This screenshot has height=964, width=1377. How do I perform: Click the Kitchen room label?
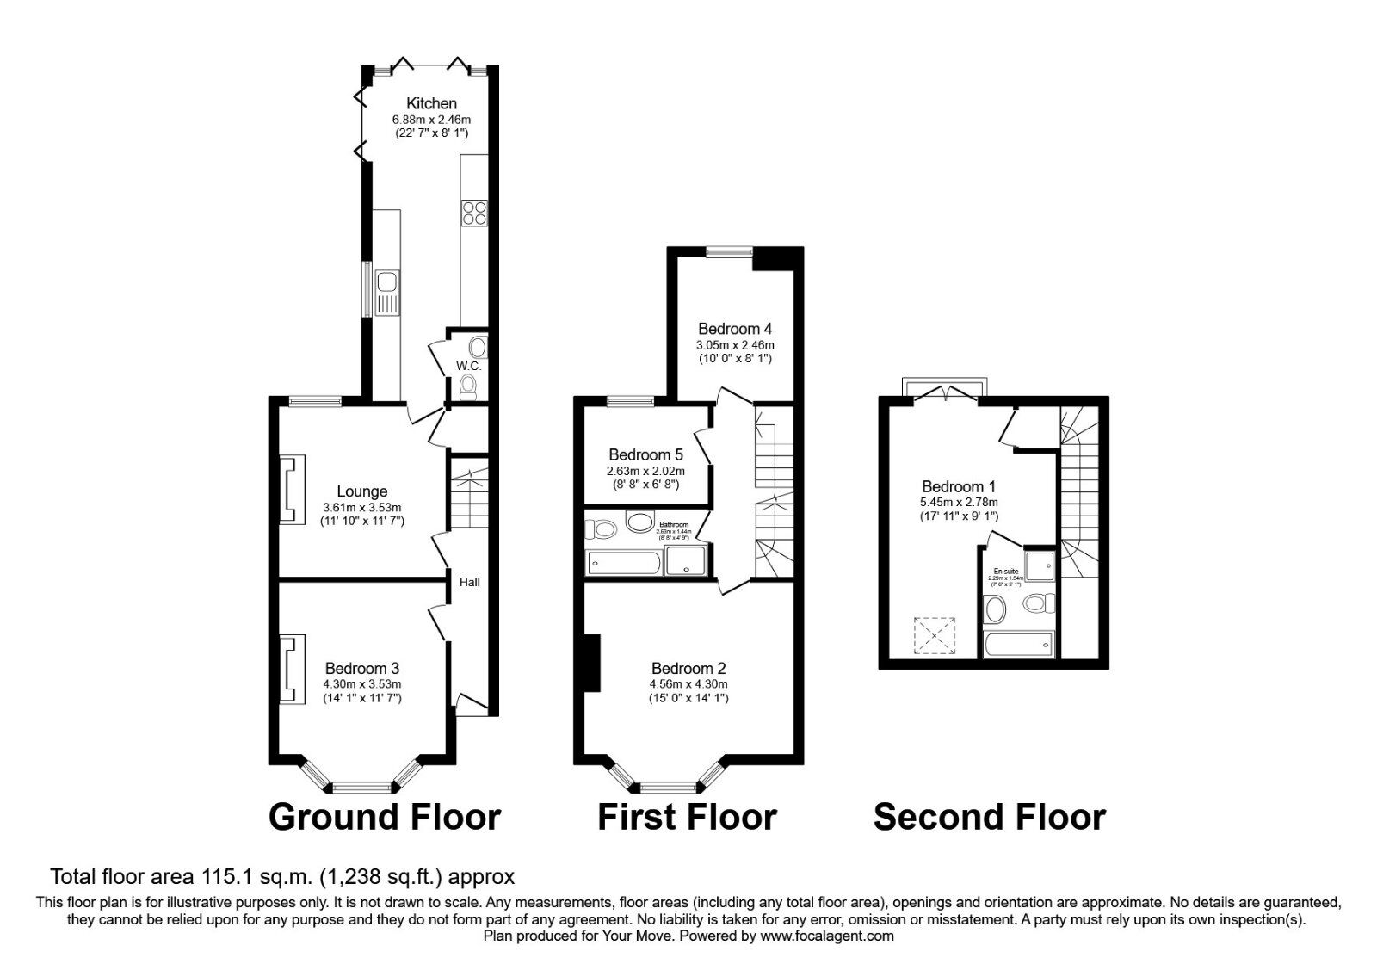pos(431,103)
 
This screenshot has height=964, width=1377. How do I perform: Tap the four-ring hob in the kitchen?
pos(474,212)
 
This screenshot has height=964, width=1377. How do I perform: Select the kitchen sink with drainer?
pos(387,293)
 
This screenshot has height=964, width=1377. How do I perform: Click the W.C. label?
pos(468,367)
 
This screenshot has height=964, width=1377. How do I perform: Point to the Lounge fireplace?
pos(293,488)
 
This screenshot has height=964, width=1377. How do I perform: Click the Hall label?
pos(470,582)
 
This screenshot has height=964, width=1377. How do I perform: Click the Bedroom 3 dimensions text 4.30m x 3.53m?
pos(362,683)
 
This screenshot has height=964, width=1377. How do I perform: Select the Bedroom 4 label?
pos(734,328)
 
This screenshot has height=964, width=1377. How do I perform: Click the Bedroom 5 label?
pos(645,454)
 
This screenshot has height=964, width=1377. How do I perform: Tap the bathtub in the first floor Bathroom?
pos(624,563)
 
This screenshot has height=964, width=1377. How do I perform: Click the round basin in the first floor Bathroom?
pos(640,522)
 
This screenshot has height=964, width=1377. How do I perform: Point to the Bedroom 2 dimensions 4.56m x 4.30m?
pos(688,683)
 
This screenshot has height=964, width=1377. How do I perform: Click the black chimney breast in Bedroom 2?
pos(591,663)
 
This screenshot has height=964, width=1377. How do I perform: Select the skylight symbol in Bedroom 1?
pos(934,635)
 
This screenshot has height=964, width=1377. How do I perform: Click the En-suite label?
pos(1005,572)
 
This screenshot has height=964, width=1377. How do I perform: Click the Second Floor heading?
pos(989,817)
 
